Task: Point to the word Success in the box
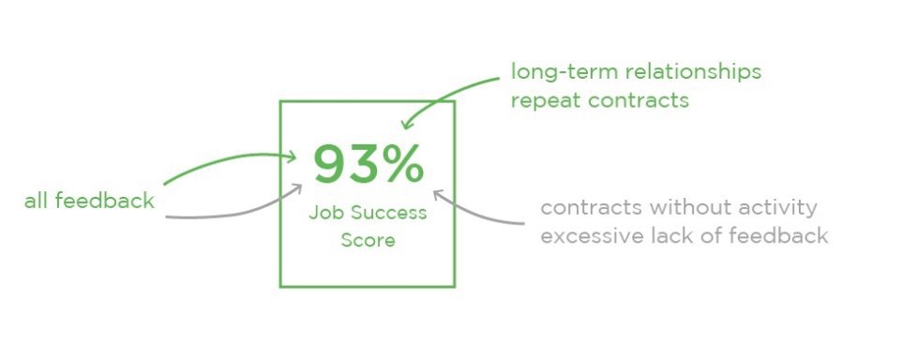(389, 213)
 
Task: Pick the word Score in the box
(368, 239)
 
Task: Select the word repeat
(547, 101)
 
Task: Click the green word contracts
(639, 100)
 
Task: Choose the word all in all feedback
(37, 200)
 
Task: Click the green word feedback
(105, 200)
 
